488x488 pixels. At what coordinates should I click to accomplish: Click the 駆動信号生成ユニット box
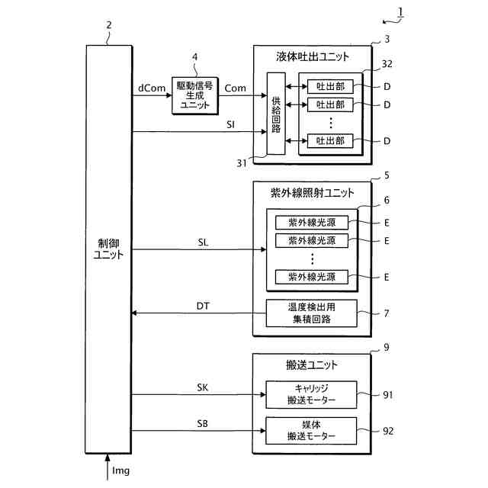click(x=194, y=95)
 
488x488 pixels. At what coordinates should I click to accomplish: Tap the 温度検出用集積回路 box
click(x=312, y=313)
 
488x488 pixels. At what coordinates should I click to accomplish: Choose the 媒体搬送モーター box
click(x=312, y=432)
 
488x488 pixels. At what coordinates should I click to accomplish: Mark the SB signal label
click(x=202, y=423)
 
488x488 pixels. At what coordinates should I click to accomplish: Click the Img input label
click(x=120, y=470)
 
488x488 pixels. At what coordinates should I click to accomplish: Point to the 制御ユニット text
click(x=108, y=249)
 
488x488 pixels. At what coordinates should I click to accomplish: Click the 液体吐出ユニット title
click(x=313, y=57)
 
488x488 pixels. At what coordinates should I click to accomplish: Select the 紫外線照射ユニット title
click(x=313, y=192)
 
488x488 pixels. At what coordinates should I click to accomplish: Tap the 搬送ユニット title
click(x=312, y=364)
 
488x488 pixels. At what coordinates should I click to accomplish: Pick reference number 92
click(x=388, y=431)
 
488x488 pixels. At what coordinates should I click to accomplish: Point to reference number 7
click(x=387, y=314)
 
